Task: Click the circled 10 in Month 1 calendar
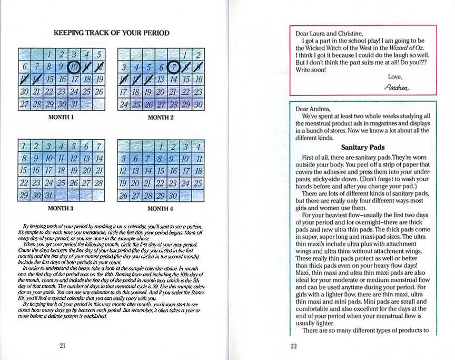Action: coord(74,66)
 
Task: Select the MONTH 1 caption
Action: coord(61,116)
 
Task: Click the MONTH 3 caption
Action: coord(61,208)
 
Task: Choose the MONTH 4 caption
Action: coord(160,208)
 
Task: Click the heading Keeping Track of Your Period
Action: coord(111,33)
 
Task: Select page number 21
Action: coord(62,346)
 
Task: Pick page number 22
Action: coord(294,346)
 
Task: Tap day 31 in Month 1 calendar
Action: coord(74,104)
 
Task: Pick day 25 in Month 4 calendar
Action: coord(197,183)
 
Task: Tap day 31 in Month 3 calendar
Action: coord(49,195)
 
